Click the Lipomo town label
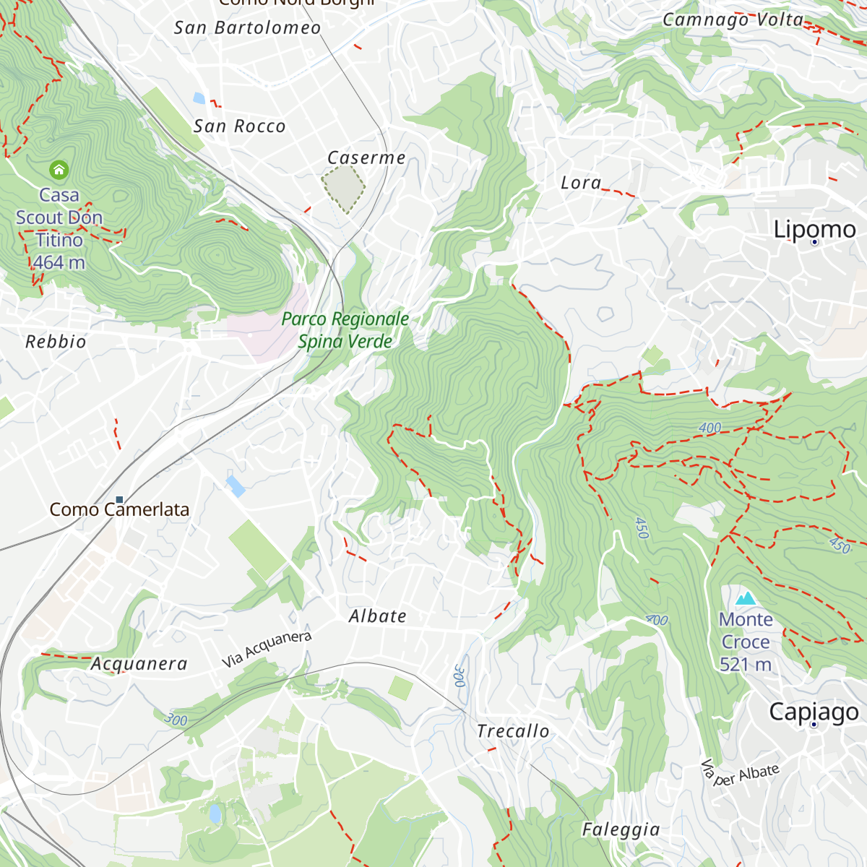tap(814, 230)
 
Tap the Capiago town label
tap(814, 712)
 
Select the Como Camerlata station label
tap(119, 509)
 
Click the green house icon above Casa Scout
tap(59, 170)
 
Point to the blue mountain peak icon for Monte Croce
tap(745, 598)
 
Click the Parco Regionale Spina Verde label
tap(345, 330)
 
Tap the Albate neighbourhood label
tap(378, 616)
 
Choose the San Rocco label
tap(239, 126)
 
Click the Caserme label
tap(366, 158)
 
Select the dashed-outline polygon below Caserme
tap(344, 189)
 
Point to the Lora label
tap(581, 183)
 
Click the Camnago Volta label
tap(733, 20)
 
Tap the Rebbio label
tap(56, 342)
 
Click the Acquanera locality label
tap(139, 664)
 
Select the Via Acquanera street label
tap(267, 649)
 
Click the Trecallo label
tap(513, 731)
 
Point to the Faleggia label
tap(621, 829)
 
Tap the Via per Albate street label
tap(741, 774)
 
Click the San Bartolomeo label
tap(247, 28)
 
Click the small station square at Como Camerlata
tap(120, 499)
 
